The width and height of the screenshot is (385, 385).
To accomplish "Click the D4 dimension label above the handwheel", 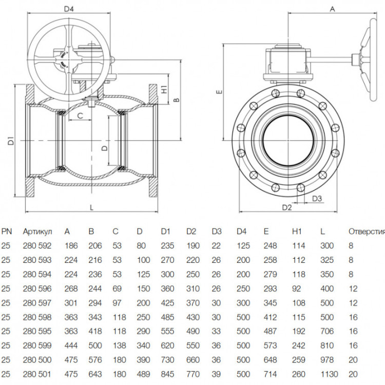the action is [69, 9].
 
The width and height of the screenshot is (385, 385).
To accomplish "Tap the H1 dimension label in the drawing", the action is [164, 89].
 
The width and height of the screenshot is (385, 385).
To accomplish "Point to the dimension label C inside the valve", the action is [80, 115].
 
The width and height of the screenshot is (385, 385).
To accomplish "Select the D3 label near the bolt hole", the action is [317, 198].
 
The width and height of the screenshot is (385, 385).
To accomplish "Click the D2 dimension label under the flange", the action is [287, 207].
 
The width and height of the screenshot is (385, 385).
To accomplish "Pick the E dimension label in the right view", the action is [219, 92].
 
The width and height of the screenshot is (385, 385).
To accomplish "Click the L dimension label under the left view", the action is [91, 208].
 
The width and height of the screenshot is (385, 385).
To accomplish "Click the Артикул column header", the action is [37, 232].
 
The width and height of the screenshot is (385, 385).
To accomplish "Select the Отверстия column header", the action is [367, 232].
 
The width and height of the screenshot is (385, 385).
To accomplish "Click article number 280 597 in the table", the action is [37, 303].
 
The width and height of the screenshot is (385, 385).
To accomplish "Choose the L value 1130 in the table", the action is [329, 374].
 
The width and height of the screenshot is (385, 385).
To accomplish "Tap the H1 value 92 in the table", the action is [297, 288].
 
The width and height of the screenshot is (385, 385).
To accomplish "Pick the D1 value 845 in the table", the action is [167, 374].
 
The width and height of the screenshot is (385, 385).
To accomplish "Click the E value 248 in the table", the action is [270, 245].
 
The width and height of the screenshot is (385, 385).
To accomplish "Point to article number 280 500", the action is [37, 360].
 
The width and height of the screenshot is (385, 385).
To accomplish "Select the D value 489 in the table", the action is [143, 374].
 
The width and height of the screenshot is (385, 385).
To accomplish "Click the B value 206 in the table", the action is [95, 245].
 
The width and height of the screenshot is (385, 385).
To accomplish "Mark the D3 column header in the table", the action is [217, 232].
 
